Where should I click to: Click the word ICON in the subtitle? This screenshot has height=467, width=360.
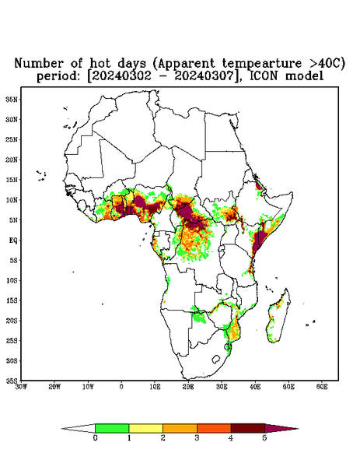[x=264, y=76]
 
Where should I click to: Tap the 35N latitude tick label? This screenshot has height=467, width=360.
[x=12, y=99]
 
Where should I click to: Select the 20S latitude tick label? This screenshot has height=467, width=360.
[x=12, y=321]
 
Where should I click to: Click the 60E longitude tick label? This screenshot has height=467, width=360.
[x=322, y=387]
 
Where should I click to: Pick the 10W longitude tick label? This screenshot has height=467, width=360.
[x=88, y=387]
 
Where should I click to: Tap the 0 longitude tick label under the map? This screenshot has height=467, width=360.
[x=121, y=387]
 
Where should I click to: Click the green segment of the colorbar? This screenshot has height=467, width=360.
[x=112, y=428]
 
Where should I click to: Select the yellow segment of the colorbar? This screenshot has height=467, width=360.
[x=145, y=428]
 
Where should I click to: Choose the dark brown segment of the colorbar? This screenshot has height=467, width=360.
[x=248, y=428]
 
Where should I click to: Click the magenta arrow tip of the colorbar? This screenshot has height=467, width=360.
[x=281, y=428]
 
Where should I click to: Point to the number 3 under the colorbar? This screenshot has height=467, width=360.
[x=197, y=438]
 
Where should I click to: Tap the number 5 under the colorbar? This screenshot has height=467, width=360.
[x=264, y=438]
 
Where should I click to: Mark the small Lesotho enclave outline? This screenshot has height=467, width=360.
[x=216, y=359]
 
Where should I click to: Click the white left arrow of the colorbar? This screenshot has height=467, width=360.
[x=79, y=428]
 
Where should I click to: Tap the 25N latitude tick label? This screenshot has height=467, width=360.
[x=12, y=139]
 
